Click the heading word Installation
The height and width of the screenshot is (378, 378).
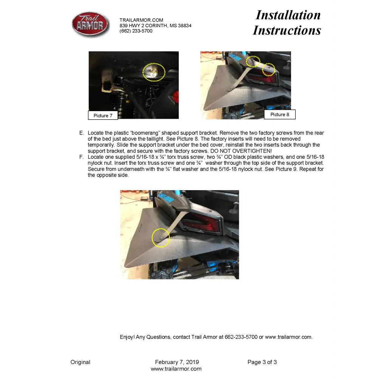coord(288,15)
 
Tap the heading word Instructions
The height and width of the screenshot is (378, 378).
coord(287,30)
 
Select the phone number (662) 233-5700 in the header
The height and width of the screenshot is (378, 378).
coord(136,31)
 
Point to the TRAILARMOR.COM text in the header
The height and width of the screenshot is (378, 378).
coord(141,20)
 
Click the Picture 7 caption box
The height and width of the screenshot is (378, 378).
coord(103,115)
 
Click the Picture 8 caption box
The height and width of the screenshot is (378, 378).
coord(280,114)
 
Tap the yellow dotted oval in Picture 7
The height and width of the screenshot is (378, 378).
coord(154,72)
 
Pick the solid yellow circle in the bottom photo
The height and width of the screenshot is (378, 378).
coord(161,237)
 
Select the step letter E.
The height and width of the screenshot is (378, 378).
coord(81,133)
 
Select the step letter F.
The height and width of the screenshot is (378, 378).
coord(81,157)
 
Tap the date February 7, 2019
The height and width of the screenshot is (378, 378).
coord(177,362)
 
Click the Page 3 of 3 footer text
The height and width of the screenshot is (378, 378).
coord(262,362)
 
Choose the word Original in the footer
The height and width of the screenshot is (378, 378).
coord(80,362)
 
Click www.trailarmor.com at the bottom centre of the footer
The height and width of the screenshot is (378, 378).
coord(176,369)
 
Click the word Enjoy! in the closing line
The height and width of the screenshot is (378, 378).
coord(127,337)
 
